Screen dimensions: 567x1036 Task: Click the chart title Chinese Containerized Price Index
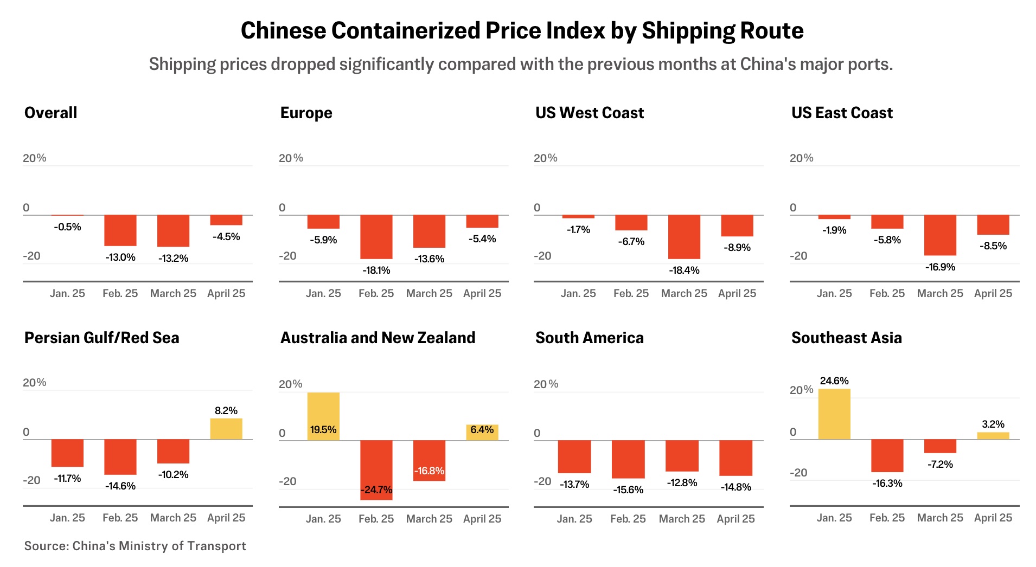tap(522, 31)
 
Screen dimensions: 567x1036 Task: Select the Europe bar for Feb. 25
tap(376, 237)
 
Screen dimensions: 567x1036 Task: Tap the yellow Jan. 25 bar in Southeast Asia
tap(834, 414)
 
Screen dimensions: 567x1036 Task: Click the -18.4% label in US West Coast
tap(684, 270)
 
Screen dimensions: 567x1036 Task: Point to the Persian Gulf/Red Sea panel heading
tap(101, 338)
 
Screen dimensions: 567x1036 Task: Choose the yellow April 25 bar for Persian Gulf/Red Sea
tap(226, 429)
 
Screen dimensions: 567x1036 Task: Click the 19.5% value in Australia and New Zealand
tap(323, 430)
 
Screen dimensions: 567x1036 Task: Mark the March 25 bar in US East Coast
tap(940, 235)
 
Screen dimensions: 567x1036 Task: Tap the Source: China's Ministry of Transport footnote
tap(135, 546)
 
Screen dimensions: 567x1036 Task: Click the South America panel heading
tap(590, 338)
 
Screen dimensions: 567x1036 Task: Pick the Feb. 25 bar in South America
tap(628, 459)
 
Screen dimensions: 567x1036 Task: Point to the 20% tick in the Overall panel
tap(35, 158)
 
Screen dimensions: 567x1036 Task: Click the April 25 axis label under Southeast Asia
tap(993, 518)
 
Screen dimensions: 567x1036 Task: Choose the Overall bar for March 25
tap(173, 231)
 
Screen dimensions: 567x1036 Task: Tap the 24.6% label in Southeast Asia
tap(834, 381)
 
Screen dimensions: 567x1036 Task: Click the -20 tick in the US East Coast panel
tap(798, 256)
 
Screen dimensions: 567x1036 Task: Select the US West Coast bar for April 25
tap(737, 225)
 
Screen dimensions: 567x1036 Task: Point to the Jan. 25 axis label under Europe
tap(323, 293)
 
